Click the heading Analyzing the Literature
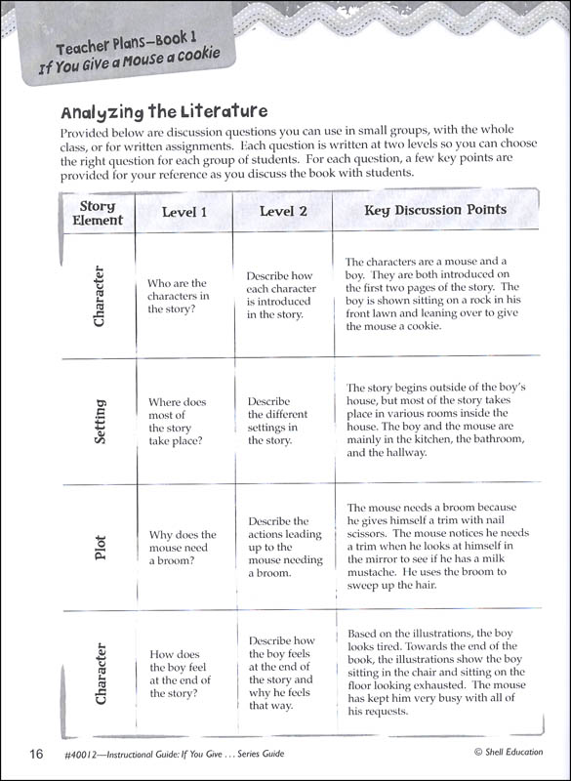[x=164, y=111]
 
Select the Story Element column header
[x=98, y=213]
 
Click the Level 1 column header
[x=184, y=212]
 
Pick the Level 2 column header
[x=283, y=212]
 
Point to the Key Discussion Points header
[x=435, y=210]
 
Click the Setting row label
[x=100, y=421]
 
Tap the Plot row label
[x=100, y=547]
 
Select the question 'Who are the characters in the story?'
[x=178, y=296]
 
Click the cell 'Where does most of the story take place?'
[x=178, y=421]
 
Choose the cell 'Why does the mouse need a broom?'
[x=183, y=548]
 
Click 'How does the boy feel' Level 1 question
[x=181, y=674]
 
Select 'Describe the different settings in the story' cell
[x=273, y=421]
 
